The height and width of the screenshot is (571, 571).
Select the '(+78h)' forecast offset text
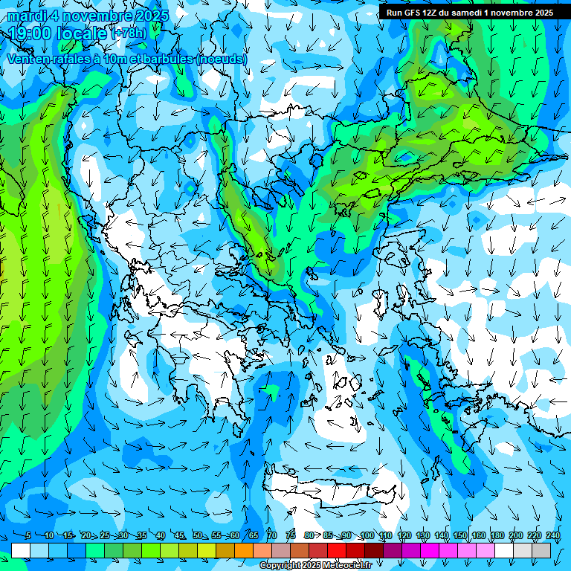128,33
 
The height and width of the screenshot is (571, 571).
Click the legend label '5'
28,536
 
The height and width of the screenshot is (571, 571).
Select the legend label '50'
198,536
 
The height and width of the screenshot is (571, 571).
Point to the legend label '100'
367,536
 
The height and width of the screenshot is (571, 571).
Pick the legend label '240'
553,536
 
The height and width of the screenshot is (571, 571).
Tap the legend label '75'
291,536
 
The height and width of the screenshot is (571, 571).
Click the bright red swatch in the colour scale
338,550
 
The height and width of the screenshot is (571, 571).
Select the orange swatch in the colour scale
244,550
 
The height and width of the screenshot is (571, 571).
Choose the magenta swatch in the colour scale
430,550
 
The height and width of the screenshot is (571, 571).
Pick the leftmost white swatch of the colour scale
21,550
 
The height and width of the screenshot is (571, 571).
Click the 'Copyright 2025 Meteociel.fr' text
315,566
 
